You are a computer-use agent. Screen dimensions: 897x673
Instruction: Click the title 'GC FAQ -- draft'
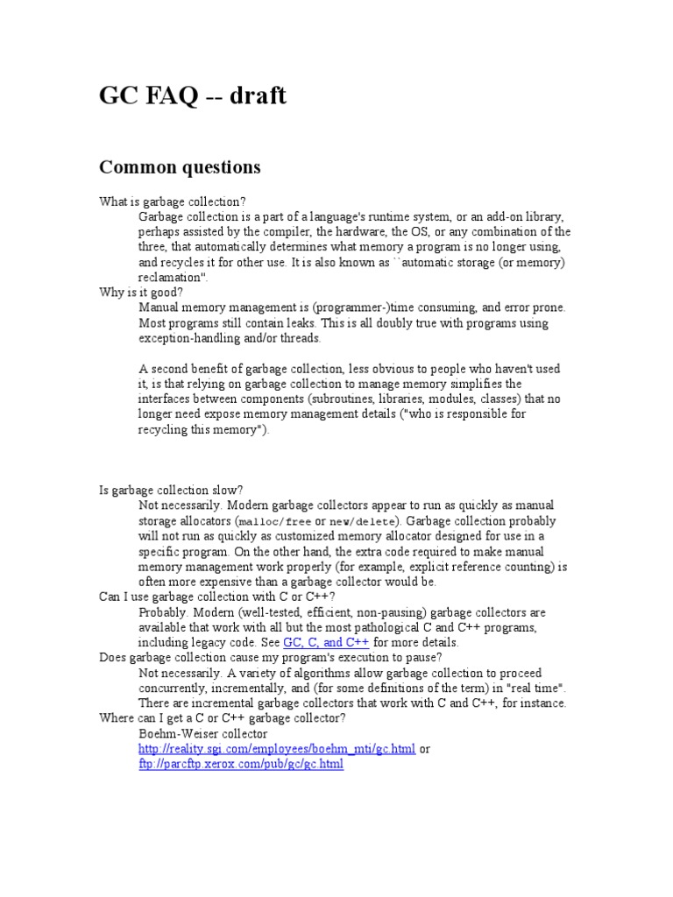click(x=193, y=95)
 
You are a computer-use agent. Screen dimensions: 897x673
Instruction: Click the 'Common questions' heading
click(x=180, y=166)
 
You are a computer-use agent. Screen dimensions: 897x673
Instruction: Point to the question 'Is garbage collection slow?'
click(x=171, y=491)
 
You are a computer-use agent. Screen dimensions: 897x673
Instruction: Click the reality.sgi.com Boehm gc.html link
click(x=277, y=749)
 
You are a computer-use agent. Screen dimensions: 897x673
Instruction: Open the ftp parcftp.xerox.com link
click(x=241, y=764)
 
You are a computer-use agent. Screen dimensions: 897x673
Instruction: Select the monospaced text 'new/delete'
click(x=360, y=522)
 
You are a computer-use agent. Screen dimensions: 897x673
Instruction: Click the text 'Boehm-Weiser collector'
click(x=202, y=733)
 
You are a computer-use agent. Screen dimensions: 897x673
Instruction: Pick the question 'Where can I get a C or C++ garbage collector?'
click(x=223, y=718)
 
